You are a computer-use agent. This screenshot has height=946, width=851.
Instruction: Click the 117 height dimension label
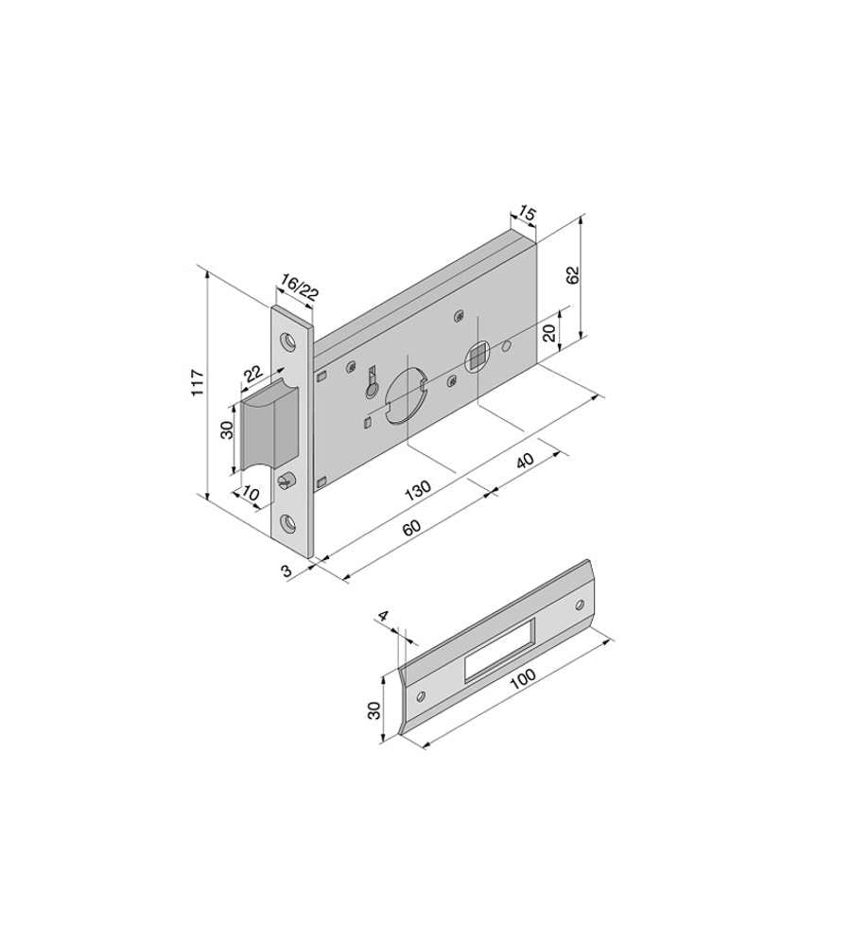pyautogui.click(x=198, y=381)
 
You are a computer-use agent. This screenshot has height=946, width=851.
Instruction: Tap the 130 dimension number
pyautogui.click(x=418, y=488)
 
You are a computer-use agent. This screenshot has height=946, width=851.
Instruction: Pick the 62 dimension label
pyautogui.click(x=572, y=275)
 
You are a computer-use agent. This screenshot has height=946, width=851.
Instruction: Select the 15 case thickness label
pyautogui.click(x=527, y=216)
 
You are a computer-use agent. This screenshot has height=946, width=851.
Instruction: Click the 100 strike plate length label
pyautogui.click(x=521, y=676)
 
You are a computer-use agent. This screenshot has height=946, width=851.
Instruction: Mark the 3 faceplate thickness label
pyautogui.click(x=286, y=569)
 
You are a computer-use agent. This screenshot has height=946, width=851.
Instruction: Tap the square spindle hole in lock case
pyautogui.click(x=478, y=357)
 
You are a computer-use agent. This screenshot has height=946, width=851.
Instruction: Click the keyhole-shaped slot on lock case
pyautogui.click(x=372, y=383)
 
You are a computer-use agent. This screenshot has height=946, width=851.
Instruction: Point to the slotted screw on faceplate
pyautogui.click(x=287, y=481)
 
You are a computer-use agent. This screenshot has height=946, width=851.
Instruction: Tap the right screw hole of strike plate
pyautogui.click(x=581, y=603)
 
